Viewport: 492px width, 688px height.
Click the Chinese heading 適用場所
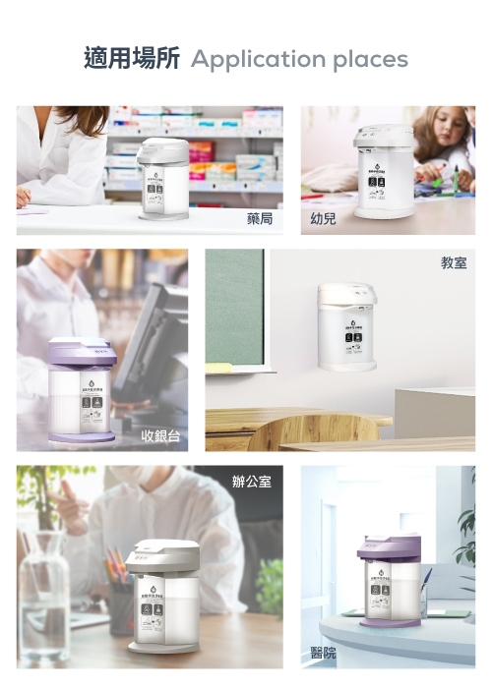point(131,59)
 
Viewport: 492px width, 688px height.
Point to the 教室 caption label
point(454,263)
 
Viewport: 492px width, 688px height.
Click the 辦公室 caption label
point(252,482)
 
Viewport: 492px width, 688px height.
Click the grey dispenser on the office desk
point(162,595)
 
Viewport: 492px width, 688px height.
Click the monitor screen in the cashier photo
point(161,339)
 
